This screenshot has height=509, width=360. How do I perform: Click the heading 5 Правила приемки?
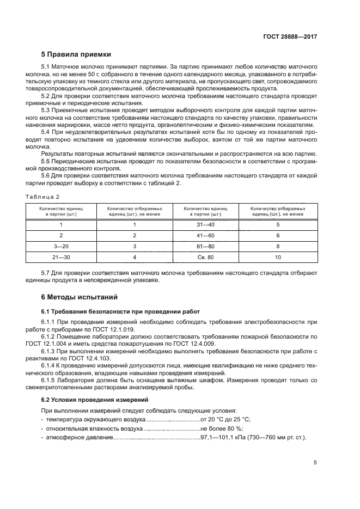[x=76, y=54]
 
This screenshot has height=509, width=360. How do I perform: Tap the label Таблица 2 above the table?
[x=42, y=196]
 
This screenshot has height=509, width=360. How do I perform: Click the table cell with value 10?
[x=278, y=257]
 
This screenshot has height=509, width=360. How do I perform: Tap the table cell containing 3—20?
[x=62, y=246]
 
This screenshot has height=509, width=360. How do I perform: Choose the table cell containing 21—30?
[x=62, y=257]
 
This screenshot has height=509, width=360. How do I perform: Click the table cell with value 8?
[x=278, y=246]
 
